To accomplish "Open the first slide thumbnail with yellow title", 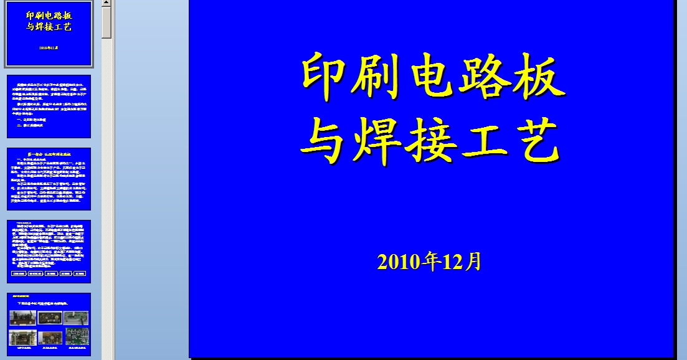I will pos(49,34).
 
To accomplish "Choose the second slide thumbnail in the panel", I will pos(49,106).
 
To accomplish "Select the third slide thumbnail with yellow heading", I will pos(49,179).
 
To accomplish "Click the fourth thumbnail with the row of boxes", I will pos(49,251).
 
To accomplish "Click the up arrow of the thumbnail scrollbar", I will pos(107,4).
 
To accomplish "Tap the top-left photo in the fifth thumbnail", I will pos(22,318).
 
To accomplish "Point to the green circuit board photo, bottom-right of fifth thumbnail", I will pos(77,337).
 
